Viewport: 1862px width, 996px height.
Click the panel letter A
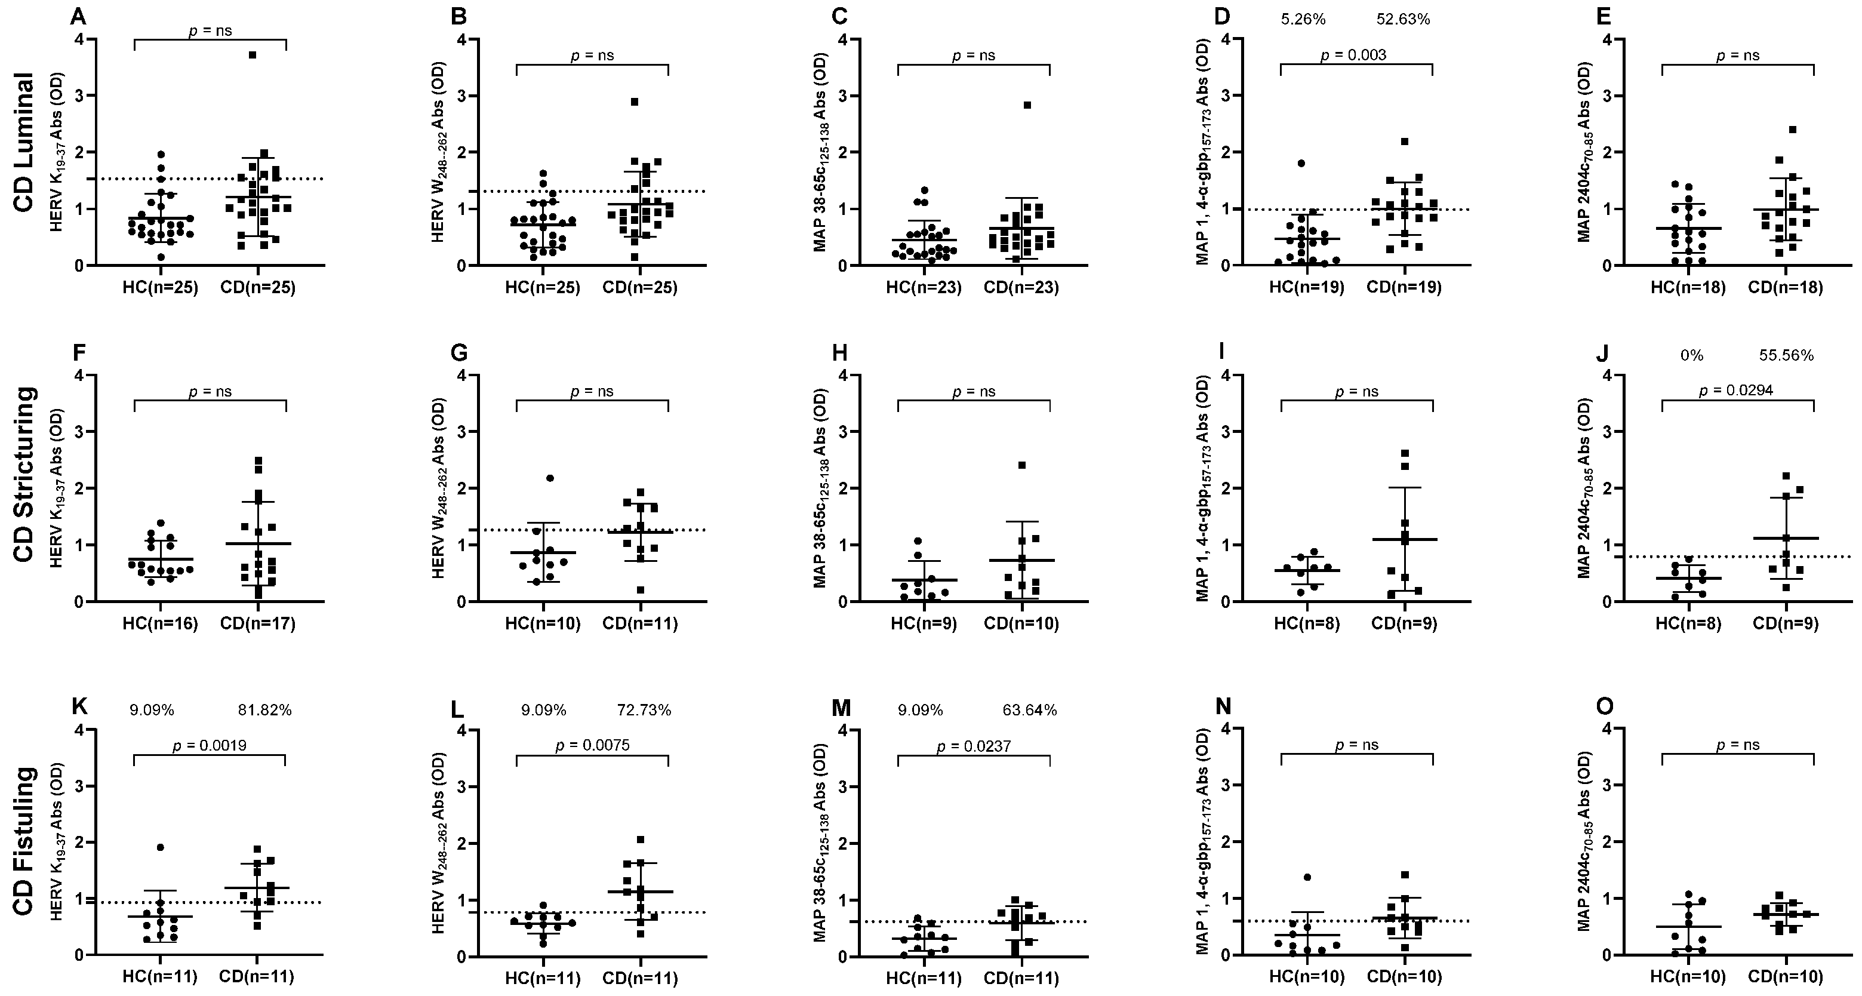78,16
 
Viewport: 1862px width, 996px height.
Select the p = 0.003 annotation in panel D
1353,55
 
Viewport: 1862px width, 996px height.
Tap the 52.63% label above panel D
1403,20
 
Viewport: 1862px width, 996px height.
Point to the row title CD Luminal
24,142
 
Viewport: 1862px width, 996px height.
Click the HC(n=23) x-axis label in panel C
924,288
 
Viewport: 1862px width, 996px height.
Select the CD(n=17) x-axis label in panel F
258,624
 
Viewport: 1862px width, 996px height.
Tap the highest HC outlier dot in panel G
550,478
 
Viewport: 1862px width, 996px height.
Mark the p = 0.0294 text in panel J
1735,391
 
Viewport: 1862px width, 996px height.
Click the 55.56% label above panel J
1786,356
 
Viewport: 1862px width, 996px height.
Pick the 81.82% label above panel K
264,711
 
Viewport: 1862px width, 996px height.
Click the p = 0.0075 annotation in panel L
592,745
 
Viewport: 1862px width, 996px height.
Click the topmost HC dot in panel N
1307,877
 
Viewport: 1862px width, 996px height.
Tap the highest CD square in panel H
1022,465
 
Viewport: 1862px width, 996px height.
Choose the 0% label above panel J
1691,356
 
